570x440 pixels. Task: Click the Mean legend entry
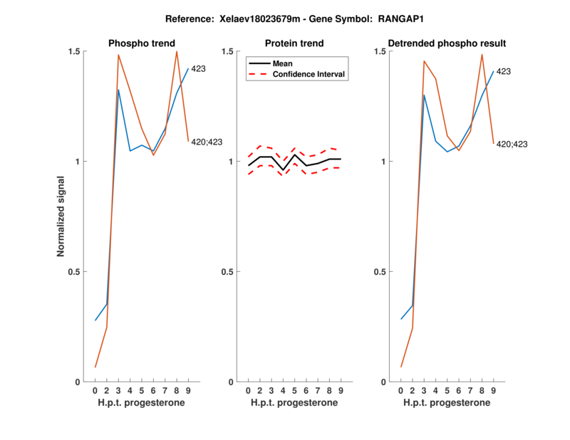(283, 63)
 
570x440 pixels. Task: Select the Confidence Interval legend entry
(309, 74)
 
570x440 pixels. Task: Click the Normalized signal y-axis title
(62, 216)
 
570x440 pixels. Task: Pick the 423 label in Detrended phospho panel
(503, 71)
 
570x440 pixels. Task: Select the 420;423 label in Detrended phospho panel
(512, 145)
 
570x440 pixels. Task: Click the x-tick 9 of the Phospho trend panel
(188, 391)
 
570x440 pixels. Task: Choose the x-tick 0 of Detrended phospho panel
(401, 391)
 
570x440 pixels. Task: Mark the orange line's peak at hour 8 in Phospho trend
(177, 51)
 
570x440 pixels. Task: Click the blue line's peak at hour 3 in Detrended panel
(424, 95)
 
